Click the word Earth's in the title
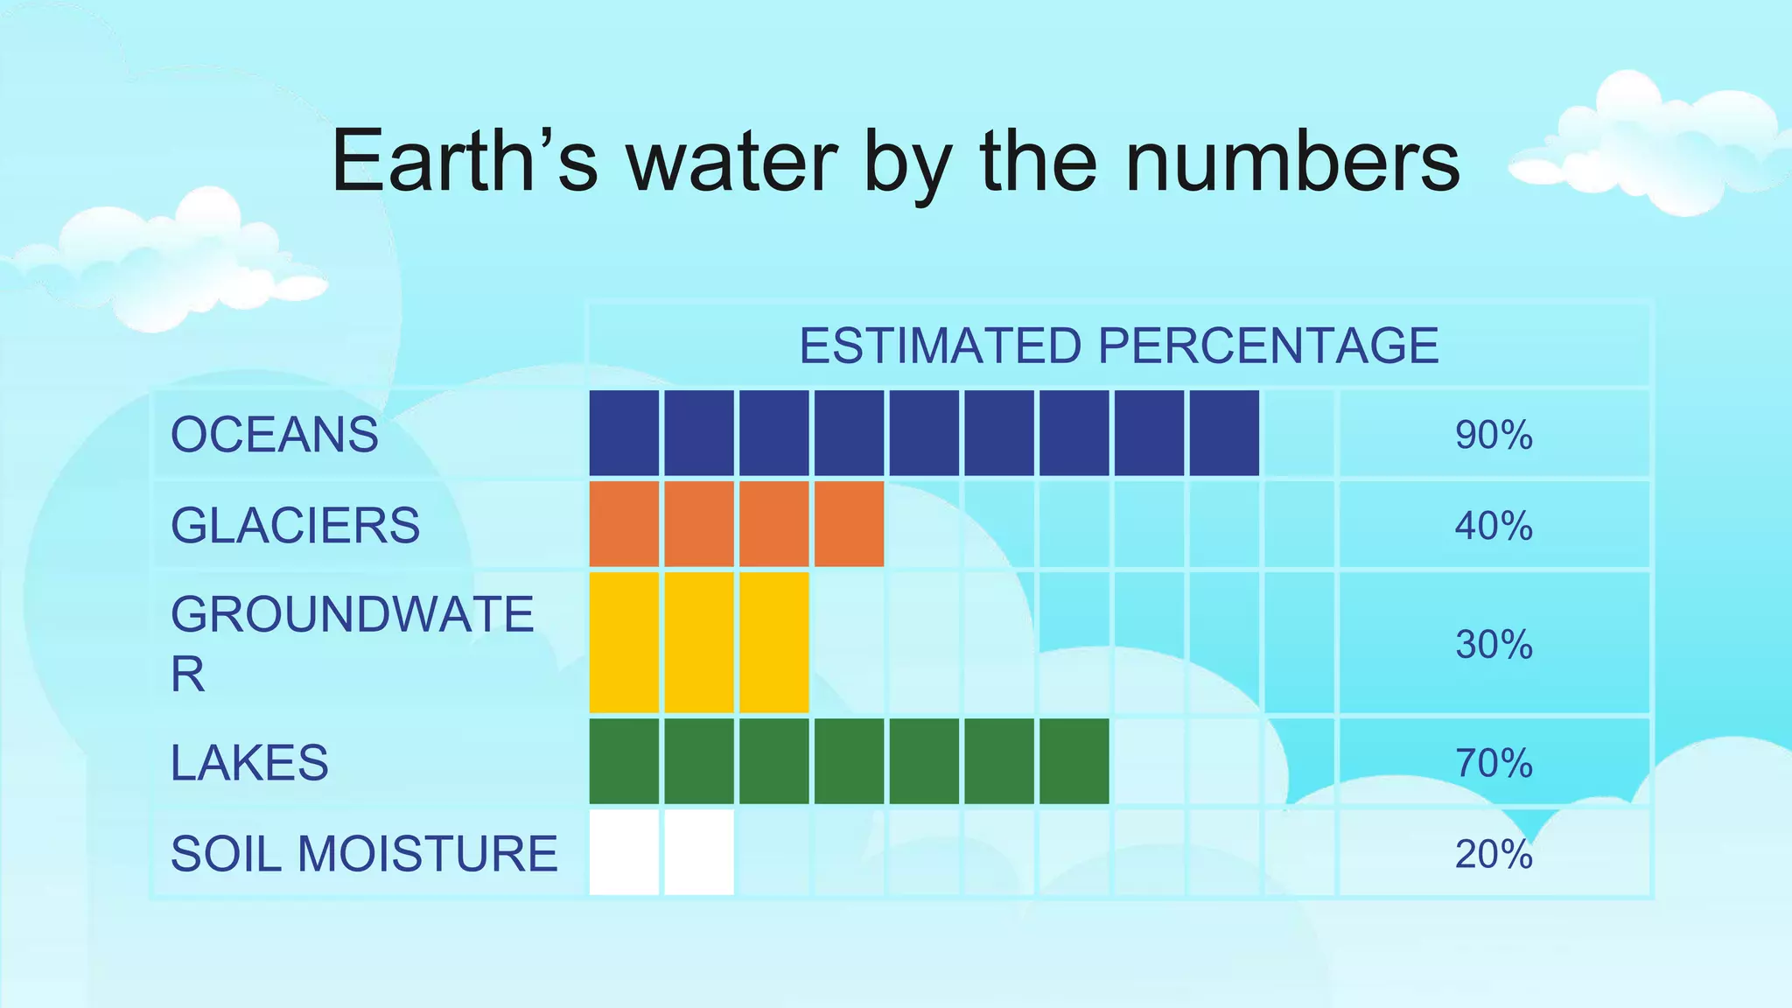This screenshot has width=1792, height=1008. click(465, 162)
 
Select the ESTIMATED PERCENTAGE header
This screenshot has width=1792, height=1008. click(1118, 346)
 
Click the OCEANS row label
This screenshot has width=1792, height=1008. click(274, 435)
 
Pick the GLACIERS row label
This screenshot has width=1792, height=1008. click(295, 525)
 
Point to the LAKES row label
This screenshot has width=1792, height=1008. click(249, 762)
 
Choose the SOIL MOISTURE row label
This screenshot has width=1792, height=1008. click(364, 854)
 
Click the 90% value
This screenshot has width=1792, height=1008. click(1494, 435)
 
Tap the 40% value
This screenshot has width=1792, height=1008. click(1494, 526)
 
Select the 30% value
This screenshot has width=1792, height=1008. click(1494, 645)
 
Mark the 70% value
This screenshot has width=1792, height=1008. click(1494, 763)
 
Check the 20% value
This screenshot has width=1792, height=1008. click(1494, 854)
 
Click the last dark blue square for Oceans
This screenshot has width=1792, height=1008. click(1224, 433)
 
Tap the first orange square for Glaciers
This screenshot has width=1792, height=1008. click(624, 524)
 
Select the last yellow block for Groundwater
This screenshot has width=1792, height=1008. click(773, 642)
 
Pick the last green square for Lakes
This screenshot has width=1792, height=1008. click(1074, 761)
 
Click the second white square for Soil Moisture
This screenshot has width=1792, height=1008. click(698, 852)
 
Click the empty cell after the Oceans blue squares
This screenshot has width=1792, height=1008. click(1298, 433)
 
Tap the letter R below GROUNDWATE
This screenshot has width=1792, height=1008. click(187, 675)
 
